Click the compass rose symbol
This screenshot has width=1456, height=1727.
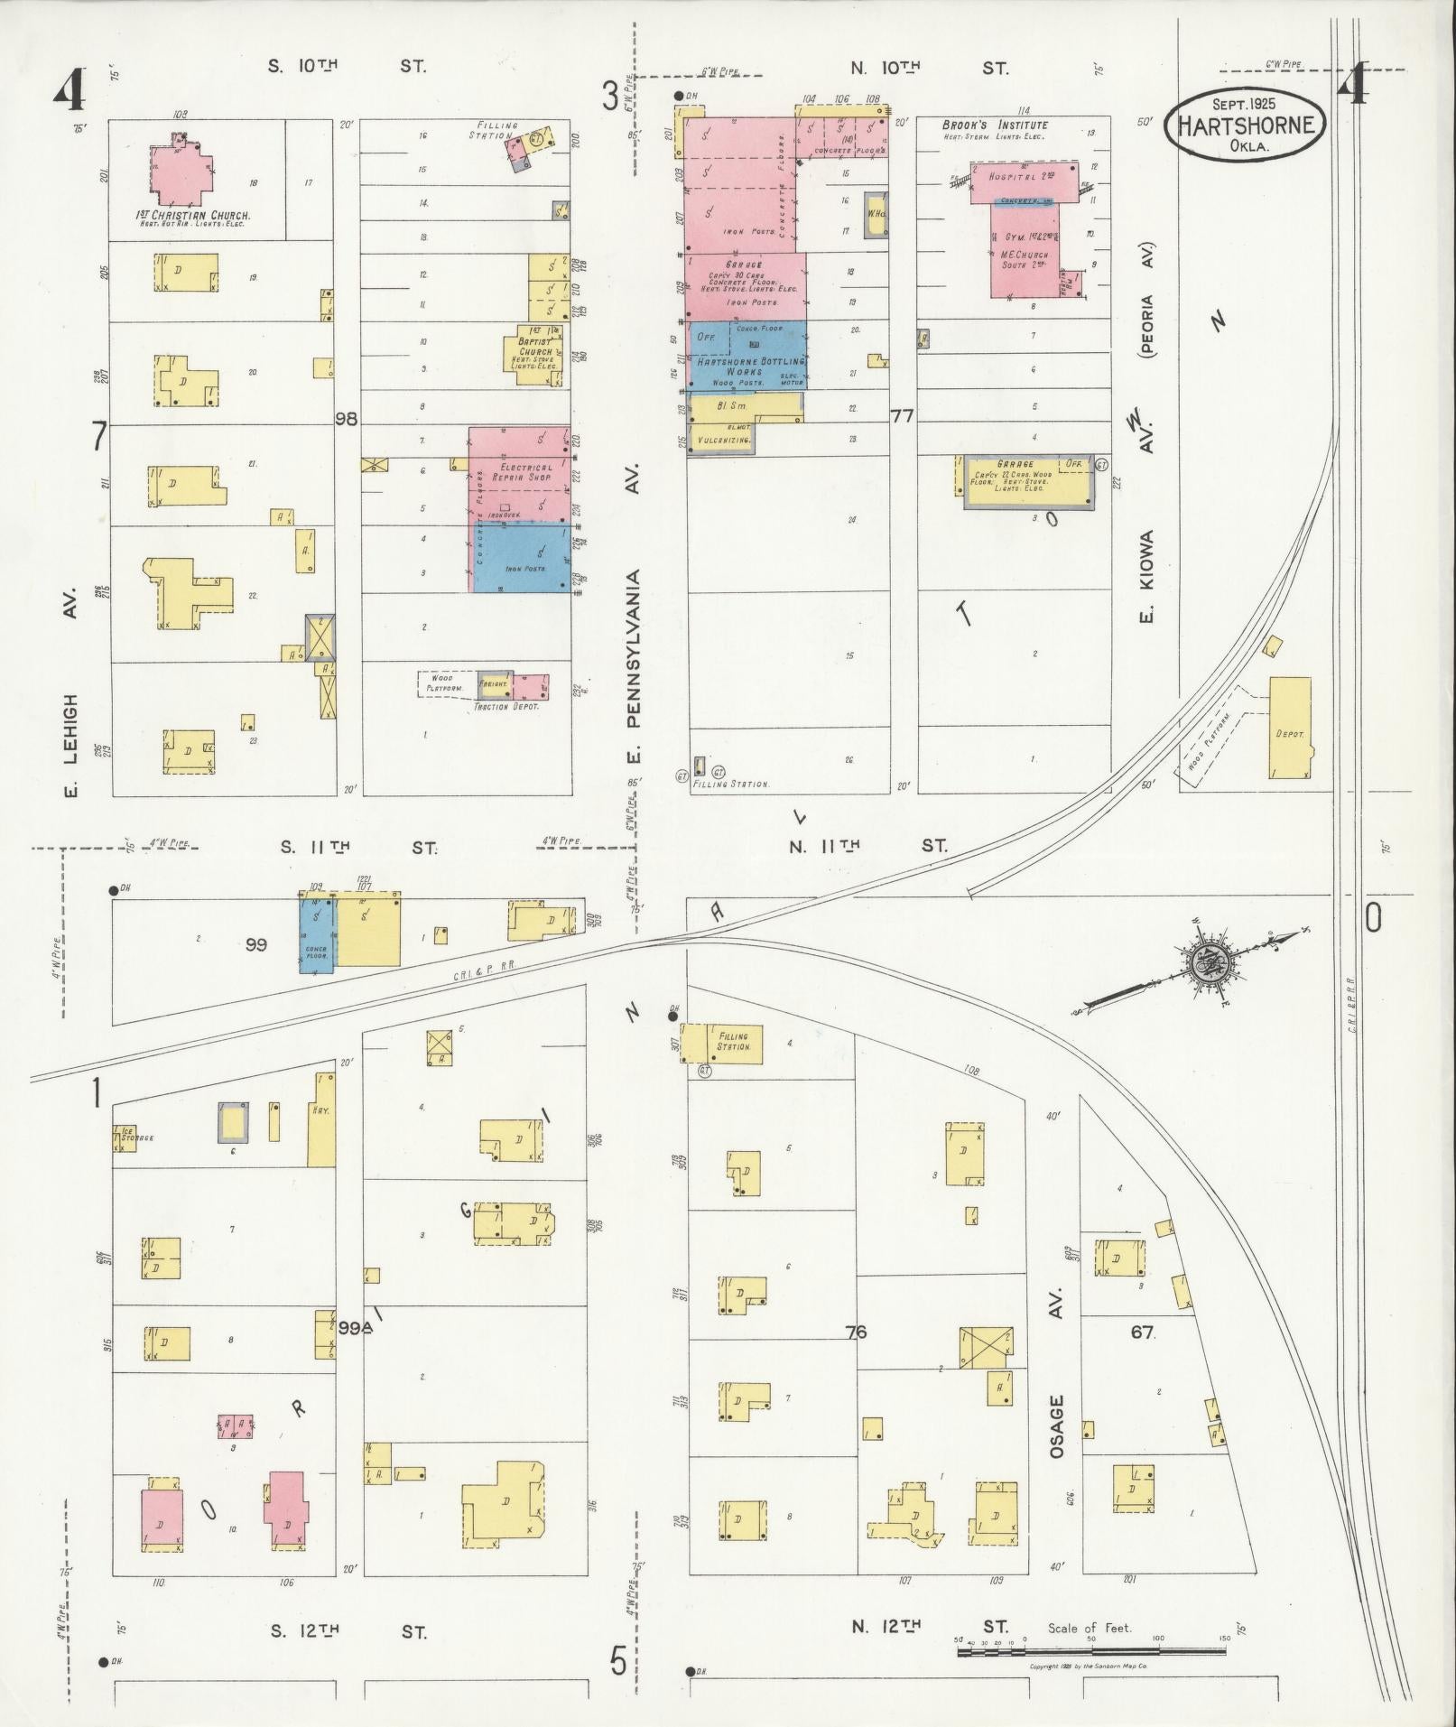coord(1206,965)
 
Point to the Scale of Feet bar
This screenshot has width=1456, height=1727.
coord(1090,1650)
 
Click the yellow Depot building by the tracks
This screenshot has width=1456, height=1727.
coord(1290,728)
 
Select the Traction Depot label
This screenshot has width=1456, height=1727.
coord(505,706)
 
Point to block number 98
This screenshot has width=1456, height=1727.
coord(347,419)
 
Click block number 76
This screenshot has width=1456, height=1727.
coord(856,1332)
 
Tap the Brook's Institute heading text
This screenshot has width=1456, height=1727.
coord(995,125)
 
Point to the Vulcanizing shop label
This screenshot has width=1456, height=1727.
coord(719,440)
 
